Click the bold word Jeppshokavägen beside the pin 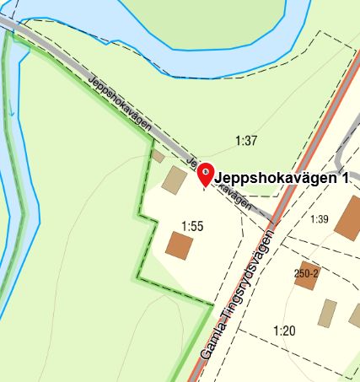[x=275, y=179]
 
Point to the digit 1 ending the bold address [x=345, y=179]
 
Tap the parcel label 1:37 [x=245, y=141]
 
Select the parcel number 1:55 [x=193, y=225]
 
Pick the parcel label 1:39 [x=319, y=219]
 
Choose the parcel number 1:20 [x=283, y=331]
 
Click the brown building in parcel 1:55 [x=180, y=245]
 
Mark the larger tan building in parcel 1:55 [x=175, y=180]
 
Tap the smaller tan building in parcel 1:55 [x=158, y=156]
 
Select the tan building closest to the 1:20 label [x=327, y=313]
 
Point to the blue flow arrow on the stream [x=11, y=110]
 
